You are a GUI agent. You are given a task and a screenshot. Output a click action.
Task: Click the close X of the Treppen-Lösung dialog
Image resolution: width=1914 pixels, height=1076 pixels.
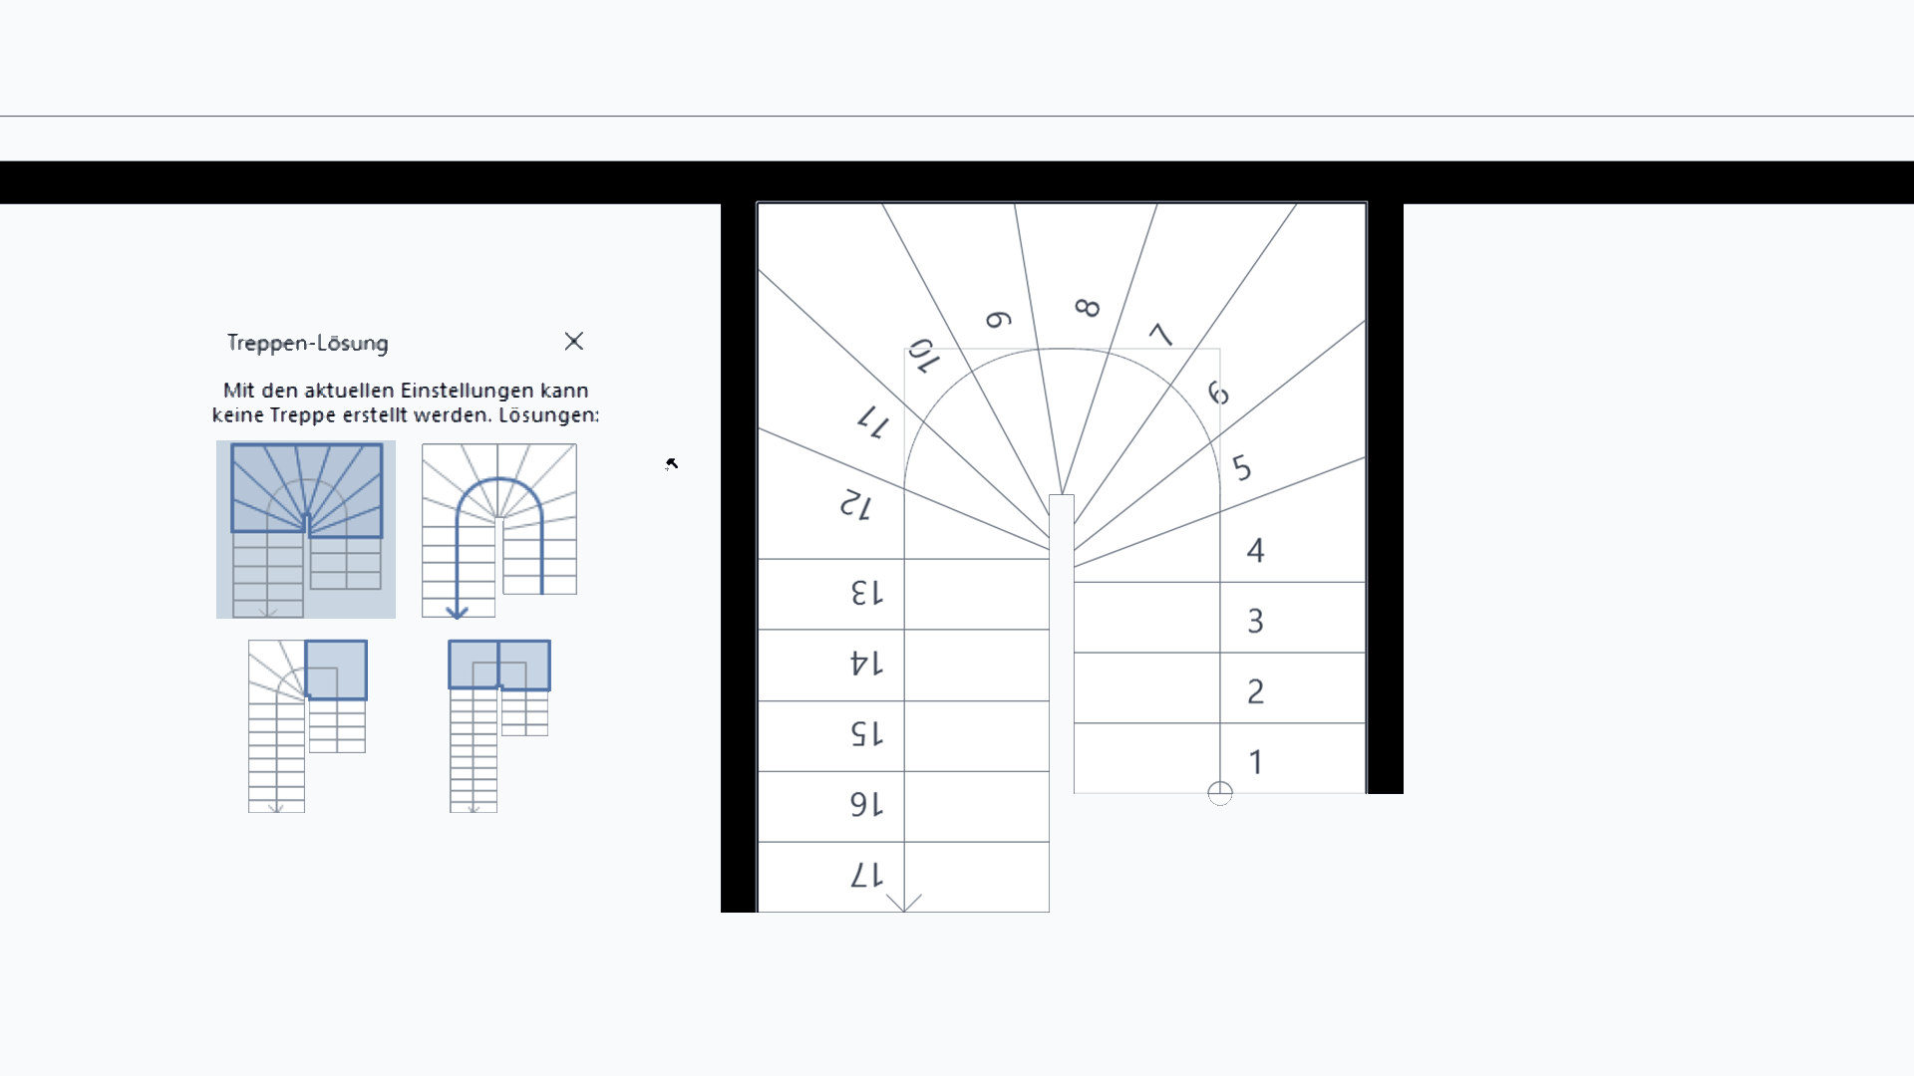point(573,342)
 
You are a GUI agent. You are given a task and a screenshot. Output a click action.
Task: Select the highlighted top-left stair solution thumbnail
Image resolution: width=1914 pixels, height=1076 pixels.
point(306,529)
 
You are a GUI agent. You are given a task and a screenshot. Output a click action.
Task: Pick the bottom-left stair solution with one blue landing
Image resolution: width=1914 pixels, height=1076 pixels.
point(307,726)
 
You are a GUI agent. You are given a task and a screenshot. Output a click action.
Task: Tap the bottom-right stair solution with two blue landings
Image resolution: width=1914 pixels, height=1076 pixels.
point(499,726)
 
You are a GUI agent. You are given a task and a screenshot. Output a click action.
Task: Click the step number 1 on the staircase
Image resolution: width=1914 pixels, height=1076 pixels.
point(1256,762)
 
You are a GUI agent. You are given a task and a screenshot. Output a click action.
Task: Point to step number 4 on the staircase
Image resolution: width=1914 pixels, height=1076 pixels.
point(1256,550)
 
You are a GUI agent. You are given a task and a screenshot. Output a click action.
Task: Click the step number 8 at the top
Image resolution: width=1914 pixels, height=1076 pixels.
point(1088,308)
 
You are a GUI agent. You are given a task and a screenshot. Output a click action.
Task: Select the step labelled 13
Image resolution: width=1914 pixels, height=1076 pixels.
point(866,593)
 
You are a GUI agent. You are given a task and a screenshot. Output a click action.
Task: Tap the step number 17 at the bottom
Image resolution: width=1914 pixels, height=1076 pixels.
point(866,876)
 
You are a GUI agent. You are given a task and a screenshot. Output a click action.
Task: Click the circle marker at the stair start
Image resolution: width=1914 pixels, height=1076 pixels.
point(1220,793)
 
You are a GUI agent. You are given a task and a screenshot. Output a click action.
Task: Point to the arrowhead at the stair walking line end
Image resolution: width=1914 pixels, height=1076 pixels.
point(903,903)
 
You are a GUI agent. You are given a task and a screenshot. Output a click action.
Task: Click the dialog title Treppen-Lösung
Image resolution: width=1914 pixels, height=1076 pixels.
point(308,343)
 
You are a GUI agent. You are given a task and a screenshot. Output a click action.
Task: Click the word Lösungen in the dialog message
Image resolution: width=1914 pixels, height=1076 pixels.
point(549,414)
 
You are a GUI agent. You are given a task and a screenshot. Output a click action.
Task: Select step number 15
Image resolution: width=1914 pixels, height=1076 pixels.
point(866,734)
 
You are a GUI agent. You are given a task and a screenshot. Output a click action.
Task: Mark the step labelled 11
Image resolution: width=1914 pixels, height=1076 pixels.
point(873,421)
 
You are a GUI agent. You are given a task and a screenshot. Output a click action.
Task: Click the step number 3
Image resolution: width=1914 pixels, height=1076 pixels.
point(1256,621)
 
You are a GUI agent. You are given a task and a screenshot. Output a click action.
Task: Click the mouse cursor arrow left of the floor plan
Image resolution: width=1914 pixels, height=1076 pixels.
point(672,463)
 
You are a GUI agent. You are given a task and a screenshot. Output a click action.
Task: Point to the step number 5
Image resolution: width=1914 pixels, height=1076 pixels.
point(1242,467)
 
